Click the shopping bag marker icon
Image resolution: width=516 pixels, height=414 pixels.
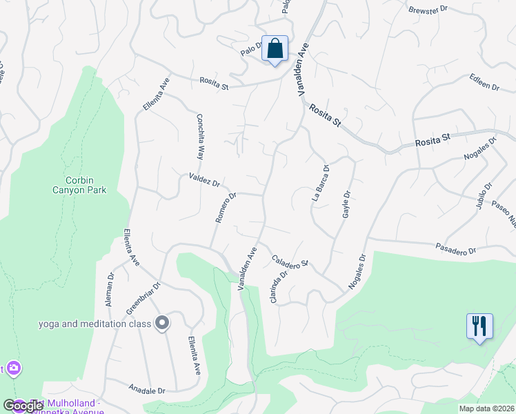(x=275, y=49)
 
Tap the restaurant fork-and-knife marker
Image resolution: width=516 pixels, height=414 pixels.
(x=480, y=326)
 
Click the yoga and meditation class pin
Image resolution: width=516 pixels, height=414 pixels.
(x=162, y=323)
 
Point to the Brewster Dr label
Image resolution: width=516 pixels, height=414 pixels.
(x=428, y=10)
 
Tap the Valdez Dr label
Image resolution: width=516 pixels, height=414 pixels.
(x=204, y=181)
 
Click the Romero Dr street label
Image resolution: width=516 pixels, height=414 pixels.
(x=226, y=208)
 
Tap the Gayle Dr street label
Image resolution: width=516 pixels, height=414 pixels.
(x=347, y=205)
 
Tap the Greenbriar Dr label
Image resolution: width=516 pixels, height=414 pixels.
(x=143, y=298)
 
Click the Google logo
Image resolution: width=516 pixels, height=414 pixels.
(x=23, y=406)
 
